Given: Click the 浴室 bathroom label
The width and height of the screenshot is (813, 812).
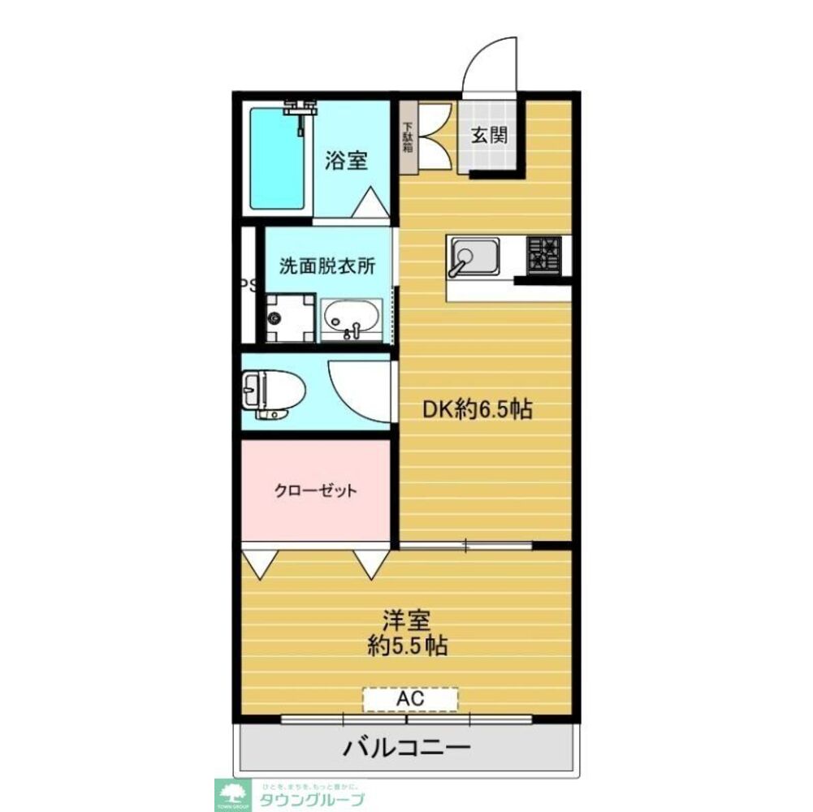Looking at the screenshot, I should point(346,160).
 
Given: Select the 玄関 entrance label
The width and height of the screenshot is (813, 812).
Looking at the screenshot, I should point(491,135).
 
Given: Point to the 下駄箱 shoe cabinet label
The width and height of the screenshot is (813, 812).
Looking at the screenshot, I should point(408,137).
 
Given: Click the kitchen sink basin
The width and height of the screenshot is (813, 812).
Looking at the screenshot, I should point(475,257).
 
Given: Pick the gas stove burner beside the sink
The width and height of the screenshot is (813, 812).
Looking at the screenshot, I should point(543,253).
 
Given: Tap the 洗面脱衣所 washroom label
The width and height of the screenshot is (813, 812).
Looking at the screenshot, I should point(327,266).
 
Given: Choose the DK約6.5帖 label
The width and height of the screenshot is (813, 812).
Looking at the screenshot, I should point(476,409).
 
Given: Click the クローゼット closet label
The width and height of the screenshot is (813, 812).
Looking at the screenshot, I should point(316,490).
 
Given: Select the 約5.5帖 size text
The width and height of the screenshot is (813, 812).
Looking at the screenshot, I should point(407,646).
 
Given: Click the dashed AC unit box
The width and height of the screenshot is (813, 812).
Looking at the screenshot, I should point(410,698).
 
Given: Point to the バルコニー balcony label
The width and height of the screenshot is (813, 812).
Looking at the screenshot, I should point(406,747).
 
